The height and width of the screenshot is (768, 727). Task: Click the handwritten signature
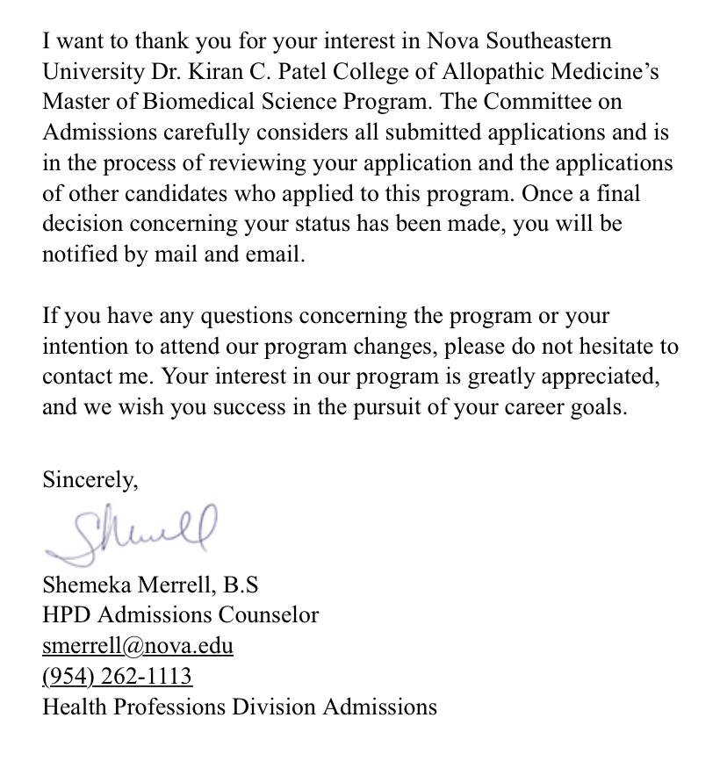[132, 531]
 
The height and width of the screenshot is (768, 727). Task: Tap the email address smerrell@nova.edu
[138, 647]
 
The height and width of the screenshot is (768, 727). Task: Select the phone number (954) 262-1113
[117, 677]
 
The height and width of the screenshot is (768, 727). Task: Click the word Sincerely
[90, 480]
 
